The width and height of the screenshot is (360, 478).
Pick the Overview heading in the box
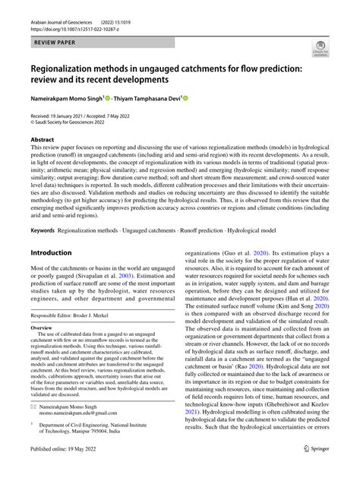[x=42, y=331]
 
